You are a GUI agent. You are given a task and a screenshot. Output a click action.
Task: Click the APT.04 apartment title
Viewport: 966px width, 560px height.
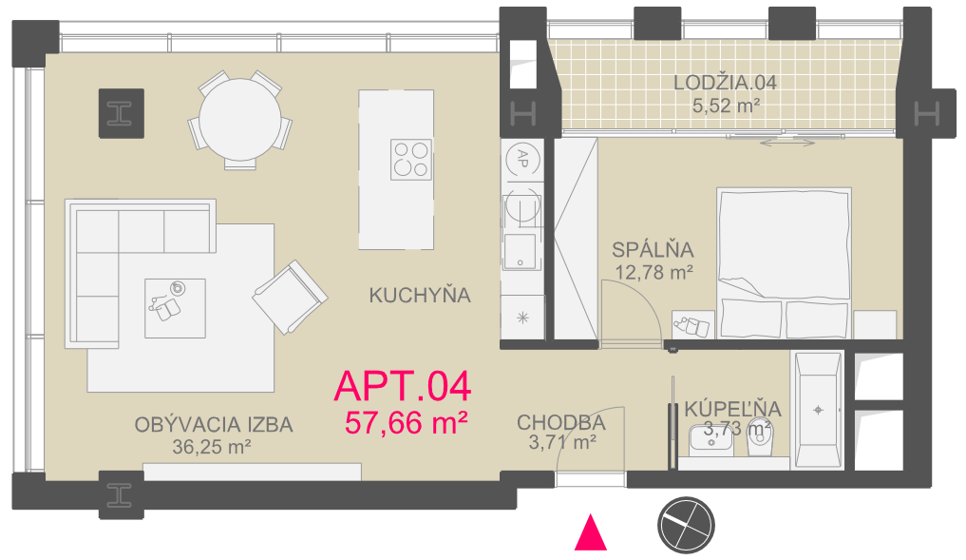tap(403, 386)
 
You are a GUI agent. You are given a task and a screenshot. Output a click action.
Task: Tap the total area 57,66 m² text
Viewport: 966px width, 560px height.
tap(406, 424)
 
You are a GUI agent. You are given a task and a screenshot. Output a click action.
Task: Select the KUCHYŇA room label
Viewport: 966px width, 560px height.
tap(420, 296)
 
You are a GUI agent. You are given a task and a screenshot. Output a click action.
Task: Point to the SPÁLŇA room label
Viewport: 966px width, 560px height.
tap(653, 250)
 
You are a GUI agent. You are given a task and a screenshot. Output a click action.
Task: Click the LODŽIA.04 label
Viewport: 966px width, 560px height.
tap(725, 83)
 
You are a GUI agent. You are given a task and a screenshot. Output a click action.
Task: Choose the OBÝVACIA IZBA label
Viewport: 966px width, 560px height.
tap(214, 425)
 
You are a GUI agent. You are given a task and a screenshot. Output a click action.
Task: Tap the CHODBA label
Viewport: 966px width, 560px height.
tap(561, 423)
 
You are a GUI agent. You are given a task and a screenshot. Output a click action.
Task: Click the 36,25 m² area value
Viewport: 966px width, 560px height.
tap(211, 447)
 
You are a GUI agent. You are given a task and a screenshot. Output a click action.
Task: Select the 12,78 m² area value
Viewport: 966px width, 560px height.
tap(654, 272)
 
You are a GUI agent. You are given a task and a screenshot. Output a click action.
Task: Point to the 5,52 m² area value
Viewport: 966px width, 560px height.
tap(726, 106)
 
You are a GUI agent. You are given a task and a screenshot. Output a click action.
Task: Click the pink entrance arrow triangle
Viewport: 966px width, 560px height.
tap(591, 532)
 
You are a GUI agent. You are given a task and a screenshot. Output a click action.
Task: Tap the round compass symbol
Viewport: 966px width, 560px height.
tap(686, 526)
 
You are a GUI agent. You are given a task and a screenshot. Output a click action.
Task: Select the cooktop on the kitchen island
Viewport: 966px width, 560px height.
tap(411, 160)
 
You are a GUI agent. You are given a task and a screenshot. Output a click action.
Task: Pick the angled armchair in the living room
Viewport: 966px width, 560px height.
tap(290, 298)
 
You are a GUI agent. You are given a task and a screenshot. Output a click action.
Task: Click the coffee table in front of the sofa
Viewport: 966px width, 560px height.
tap(175, 308)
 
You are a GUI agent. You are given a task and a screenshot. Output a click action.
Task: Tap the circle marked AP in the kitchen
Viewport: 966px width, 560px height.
tap(522, 160)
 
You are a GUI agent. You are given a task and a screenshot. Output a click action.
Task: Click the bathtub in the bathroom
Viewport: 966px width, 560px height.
tap(818, 410)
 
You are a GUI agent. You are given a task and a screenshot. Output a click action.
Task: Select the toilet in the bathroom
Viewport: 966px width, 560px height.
tap(760, 439)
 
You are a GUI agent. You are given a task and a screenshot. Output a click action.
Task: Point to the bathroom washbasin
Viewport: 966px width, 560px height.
tap(710, 440)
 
